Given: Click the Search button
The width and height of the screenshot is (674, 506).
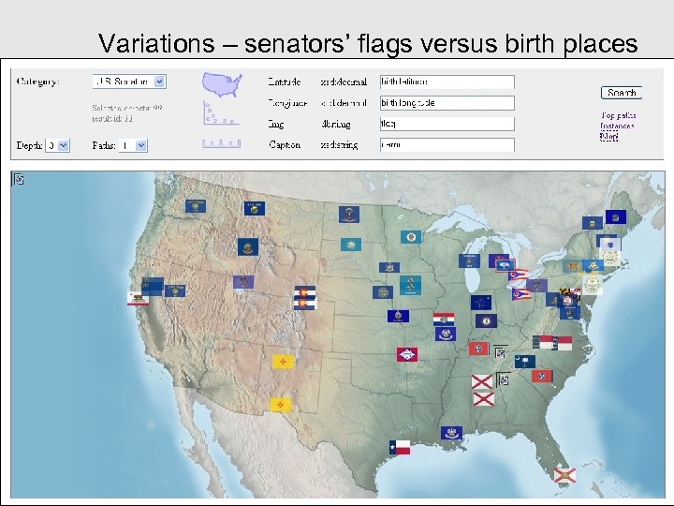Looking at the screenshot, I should click(x=621, y=92).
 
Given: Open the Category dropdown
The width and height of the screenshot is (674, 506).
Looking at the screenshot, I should click(x=129, y=82).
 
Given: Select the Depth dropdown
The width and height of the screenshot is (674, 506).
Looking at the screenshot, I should click(x=58, y=145).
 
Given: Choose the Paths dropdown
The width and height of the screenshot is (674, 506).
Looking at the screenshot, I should click(x=132, y=145).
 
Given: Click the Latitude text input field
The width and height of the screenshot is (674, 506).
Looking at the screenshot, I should click(x=447, y=82).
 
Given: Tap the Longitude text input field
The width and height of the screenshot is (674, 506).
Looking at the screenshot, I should click(x=447, y=103).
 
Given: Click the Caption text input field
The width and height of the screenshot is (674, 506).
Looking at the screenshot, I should click(x=447, y=144).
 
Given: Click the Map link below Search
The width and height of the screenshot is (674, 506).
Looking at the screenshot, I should click(x=609, y=136).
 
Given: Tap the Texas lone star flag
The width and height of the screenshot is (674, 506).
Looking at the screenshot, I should click(x=400, y=446).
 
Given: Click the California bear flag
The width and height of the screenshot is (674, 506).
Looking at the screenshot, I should click(x=139, y=298).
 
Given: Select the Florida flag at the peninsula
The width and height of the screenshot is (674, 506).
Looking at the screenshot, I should click(x=563, y=475).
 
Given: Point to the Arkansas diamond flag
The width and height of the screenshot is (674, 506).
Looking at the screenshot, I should click(x=407, y=354).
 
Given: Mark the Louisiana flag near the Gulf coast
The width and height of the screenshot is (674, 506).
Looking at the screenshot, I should click(x=452, y=432).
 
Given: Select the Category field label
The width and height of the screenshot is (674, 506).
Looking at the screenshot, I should click(x=38, y=82).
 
